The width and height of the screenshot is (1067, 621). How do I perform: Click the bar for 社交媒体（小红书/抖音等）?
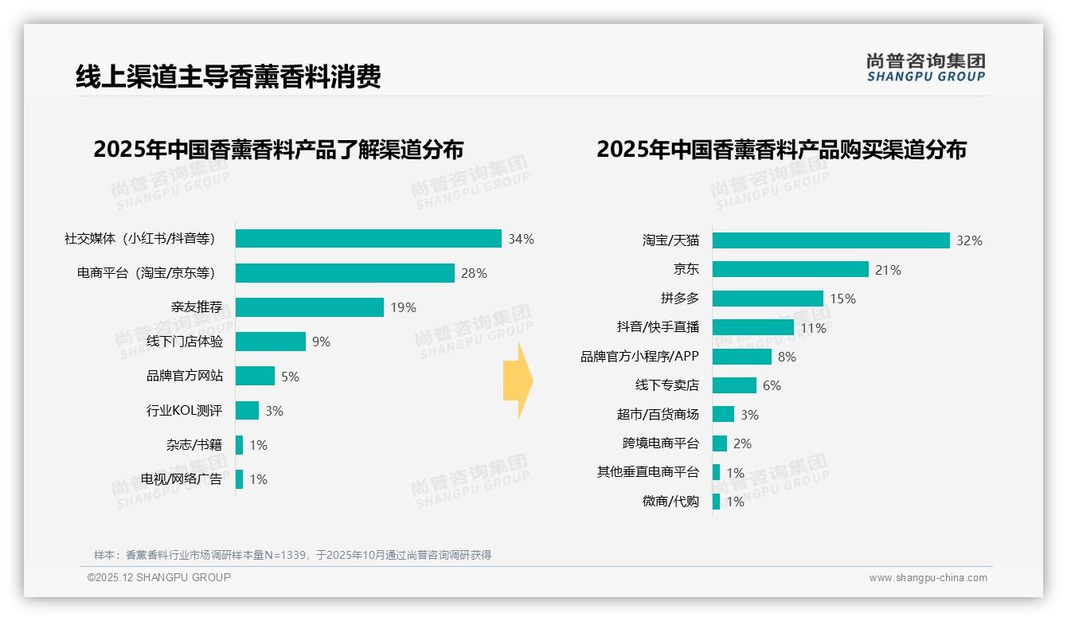(368, 239)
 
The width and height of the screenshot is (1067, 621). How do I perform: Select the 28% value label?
(474, 273)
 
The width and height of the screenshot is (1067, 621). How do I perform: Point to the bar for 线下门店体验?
(271, 342)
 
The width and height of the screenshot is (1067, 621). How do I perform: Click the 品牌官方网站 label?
(185, 376)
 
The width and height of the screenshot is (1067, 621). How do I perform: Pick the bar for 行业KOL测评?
(247, 411)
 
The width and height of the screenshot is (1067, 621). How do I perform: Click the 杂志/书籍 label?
(194, 445)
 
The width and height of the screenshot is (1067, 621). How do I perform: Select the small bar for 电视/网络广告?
(239, 479)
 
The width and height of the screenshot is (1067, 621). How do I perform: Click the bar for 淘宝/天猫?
(831, 240)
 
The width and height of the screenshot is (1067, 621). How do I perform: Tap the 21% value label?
(888, 270)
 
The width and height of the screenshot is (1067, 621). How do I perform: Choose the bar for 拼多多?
(768, 299)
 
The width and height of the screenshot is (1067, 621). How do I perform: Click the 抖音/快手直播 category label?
(658, 327)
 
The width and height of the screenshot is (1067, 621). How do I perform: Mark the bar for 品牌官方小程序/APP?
(741, 357)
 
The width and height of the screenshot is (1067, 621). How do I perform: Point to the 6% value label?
(772, 385)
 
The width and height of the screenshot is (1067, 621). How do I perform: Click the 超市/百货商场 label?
(658, 414)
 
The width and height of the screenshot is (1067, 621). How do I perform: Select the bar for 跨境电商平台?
(719, 443)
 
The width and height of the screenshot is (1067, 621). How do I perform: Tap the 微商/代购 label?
(670, 501)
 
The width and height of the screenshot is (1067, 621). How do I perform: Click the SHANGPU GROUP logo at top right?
(925, 68)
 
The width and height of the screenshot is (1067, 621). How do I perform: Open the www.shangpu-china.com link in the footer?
(928, 578)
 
